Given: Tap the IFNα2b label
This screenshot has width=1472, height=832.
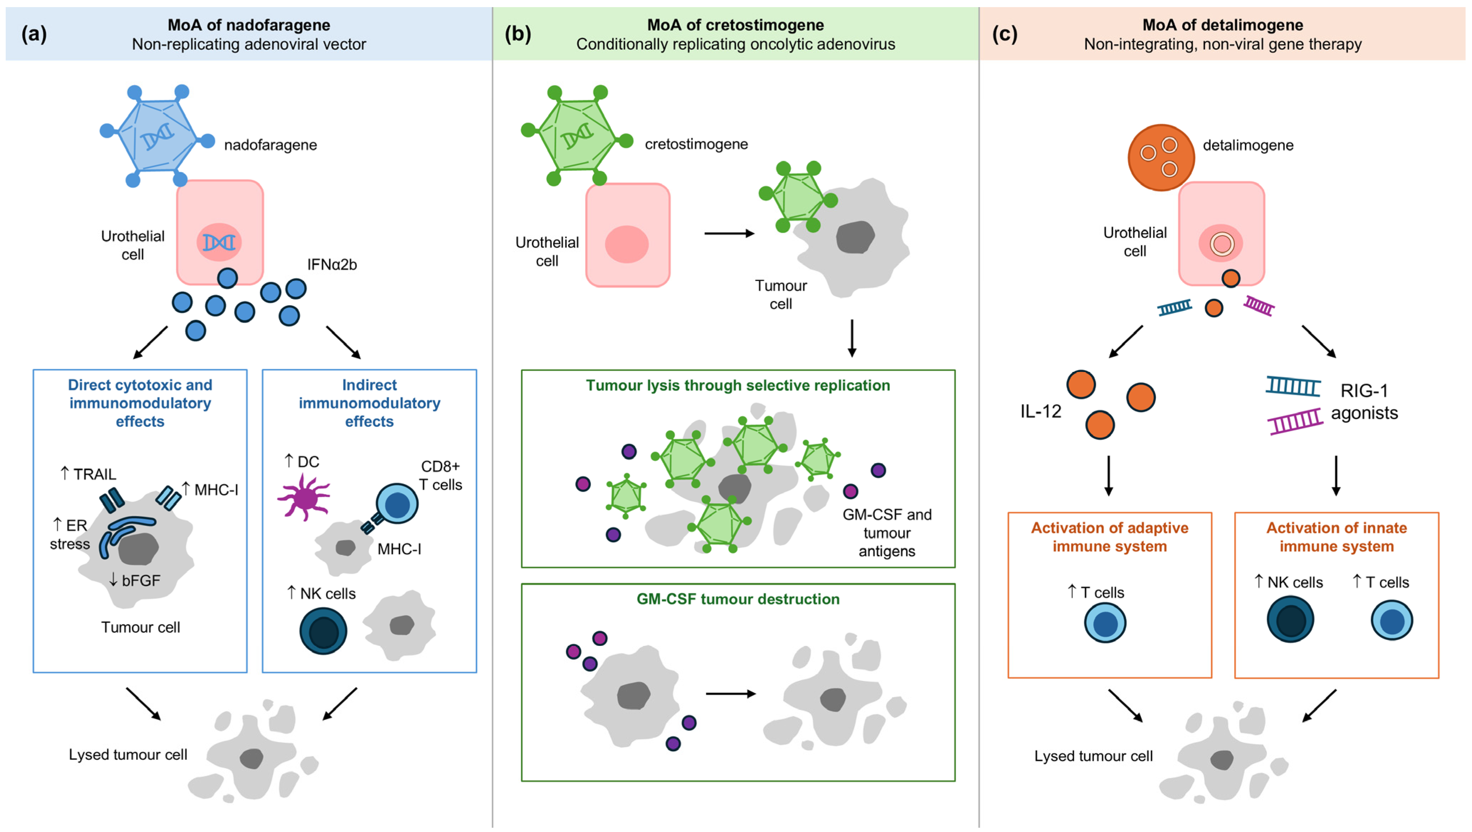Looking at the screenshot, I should (332, 265).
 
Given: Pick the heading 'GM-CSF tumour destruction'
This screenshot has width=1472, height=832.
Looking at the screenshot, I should (738, 599).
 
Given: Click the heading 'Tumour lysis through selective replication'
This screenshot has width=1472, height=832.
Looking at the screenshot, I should (738, 385).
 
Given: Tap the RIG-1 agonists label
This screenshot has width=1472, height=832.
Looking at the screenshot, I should (1364, 402).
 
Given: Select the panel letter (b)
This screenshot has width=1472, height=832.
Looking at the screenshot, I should (518, 34).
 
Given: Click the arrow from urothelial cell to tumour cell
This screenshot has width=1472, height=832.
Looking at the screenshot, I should (729, 233).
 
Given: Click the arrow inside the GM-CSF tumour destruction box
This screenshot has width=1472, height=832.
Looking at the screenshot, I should (731, 694).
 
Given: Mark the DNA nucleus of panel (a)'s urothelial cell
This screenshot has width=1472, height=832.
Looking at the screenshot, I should (219, 242).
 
